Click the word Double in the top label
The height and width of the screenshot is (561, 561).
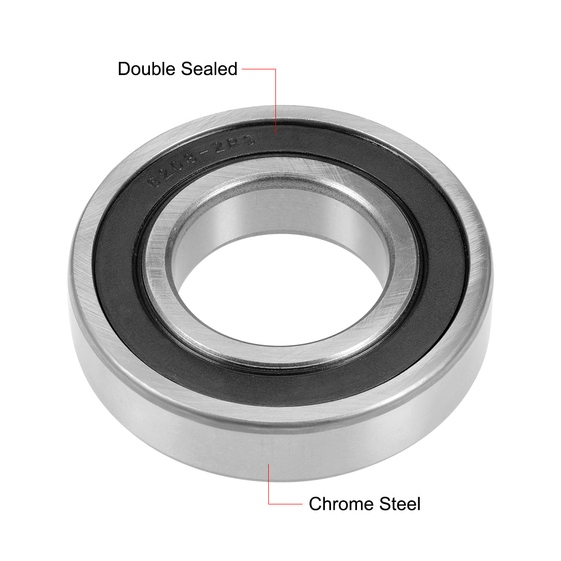148,69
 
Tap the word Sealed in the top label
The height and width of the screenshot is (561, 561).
210,69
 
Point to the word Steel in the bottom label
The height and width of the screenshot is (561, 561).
400,504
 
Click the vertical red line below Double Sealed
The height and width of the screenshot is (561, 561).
275,102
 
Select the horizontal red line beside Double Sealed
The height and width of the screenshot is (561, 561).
259,69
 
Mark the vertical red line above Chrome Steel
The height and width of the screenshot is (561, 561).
269,484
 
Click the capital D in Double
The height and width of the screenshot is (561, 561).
123,69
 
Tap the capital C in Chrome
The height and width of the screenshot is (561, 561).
316,504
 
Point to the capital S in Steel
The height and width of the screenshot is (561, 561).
385,504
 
